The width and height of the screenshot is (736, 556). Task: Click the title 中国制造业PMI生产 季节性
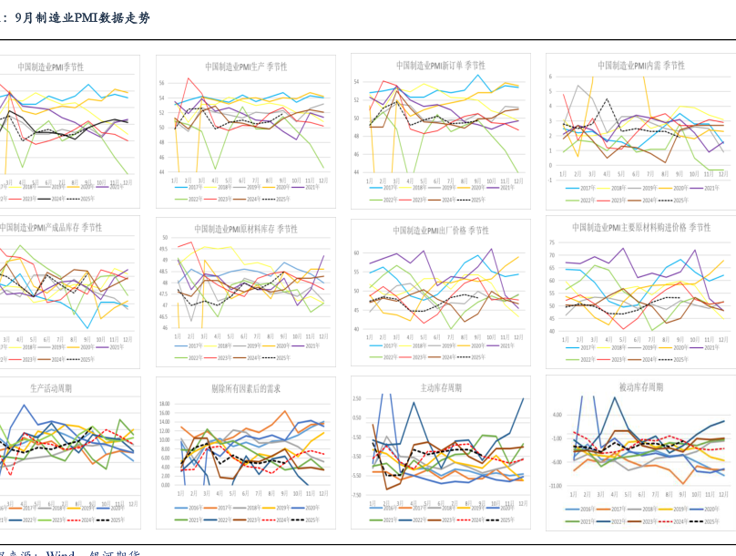[245, 67]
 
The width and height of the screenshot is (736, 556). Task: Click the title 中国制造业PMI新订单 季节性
[440, 66]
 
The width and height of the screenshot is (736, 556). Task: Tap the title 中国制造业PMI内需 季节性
[640, 66]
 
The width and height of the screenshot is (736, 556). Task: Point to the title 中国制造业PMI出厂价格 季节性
[441, 231]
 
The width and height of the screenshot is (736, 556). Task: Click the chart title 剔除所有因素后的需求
[246, 389]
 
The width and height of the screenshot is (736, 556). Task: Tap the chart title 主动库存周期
[440, 388]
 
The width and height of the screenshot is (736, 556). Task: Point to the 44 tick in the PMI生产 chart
[162, 171]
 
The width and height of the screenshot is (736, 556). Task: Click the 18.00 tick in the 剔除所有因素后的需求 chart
[164, 404]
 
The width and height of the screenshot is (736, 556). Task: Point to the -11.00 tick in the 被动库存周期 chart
[555, 487]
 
